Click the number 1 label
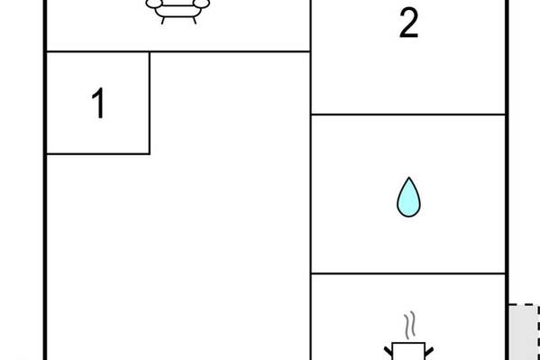(x=98, y=103)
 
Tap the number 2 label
(x=408, y=23)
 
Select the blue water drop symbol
(x=408, y=198)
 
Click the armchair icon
(x=178, y=10)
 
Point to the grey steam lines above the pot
(x=409, y=325)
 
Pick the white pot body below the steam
(x=408, y=351)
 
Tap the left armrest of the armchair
(x=153, y=4)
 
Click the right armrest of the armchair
(x=201, y=4)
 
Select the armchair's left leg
(x=163, y=21)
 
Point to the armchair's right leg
(x=195, y=21)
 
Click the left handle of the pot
(x=389, y=351)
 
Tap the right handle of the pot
(x=429, y=351)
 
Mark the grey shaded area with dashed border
(x=524, y=332)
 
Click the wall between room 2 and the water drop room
(x=408, y=115)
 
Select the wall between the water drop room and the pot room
(x=408, y=273)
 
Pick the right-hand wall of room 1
(x=150, y=103)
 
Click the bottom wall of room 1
(x=98, y=153)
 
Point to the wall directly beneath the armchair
(x=178, y=51)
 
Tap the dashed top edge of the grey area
(x=524, y=305)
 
